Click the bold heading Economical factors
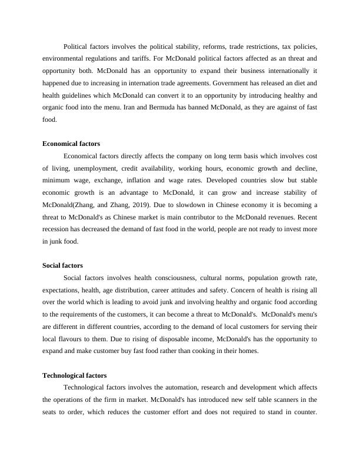(x=71, y=144)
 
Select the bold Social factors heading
(x=62, y=266)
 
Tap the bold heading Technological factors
(x=74, y=375)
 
